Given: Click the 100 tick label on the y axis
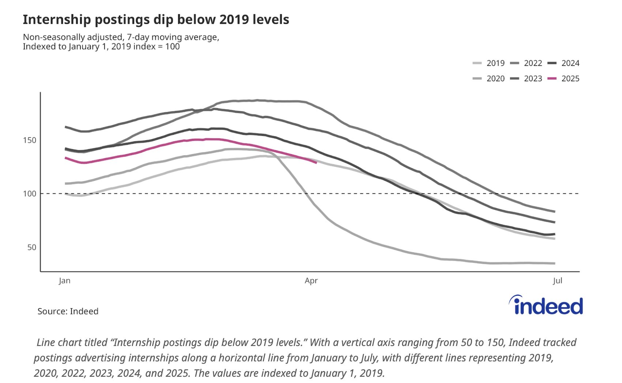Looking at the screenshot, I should click(x=30, y=194).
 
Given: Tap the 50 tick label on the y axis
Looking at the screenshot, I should click(x=32, y=248).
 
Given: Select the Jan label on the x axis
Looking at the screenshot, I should click(x=65, y=281).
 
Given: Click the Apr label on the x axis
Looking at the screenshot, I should click(x=311, y=281).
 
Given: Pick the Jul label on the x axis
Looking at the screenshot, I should click(x=558, y=281).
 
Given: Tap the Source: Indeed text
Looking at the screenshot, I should click(x=68, y=311).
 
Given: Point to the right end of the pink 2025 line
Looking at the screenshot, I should click(x=316, y=163).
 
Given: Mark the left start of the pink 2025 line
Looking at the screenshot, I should click(x=65, y=158).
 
